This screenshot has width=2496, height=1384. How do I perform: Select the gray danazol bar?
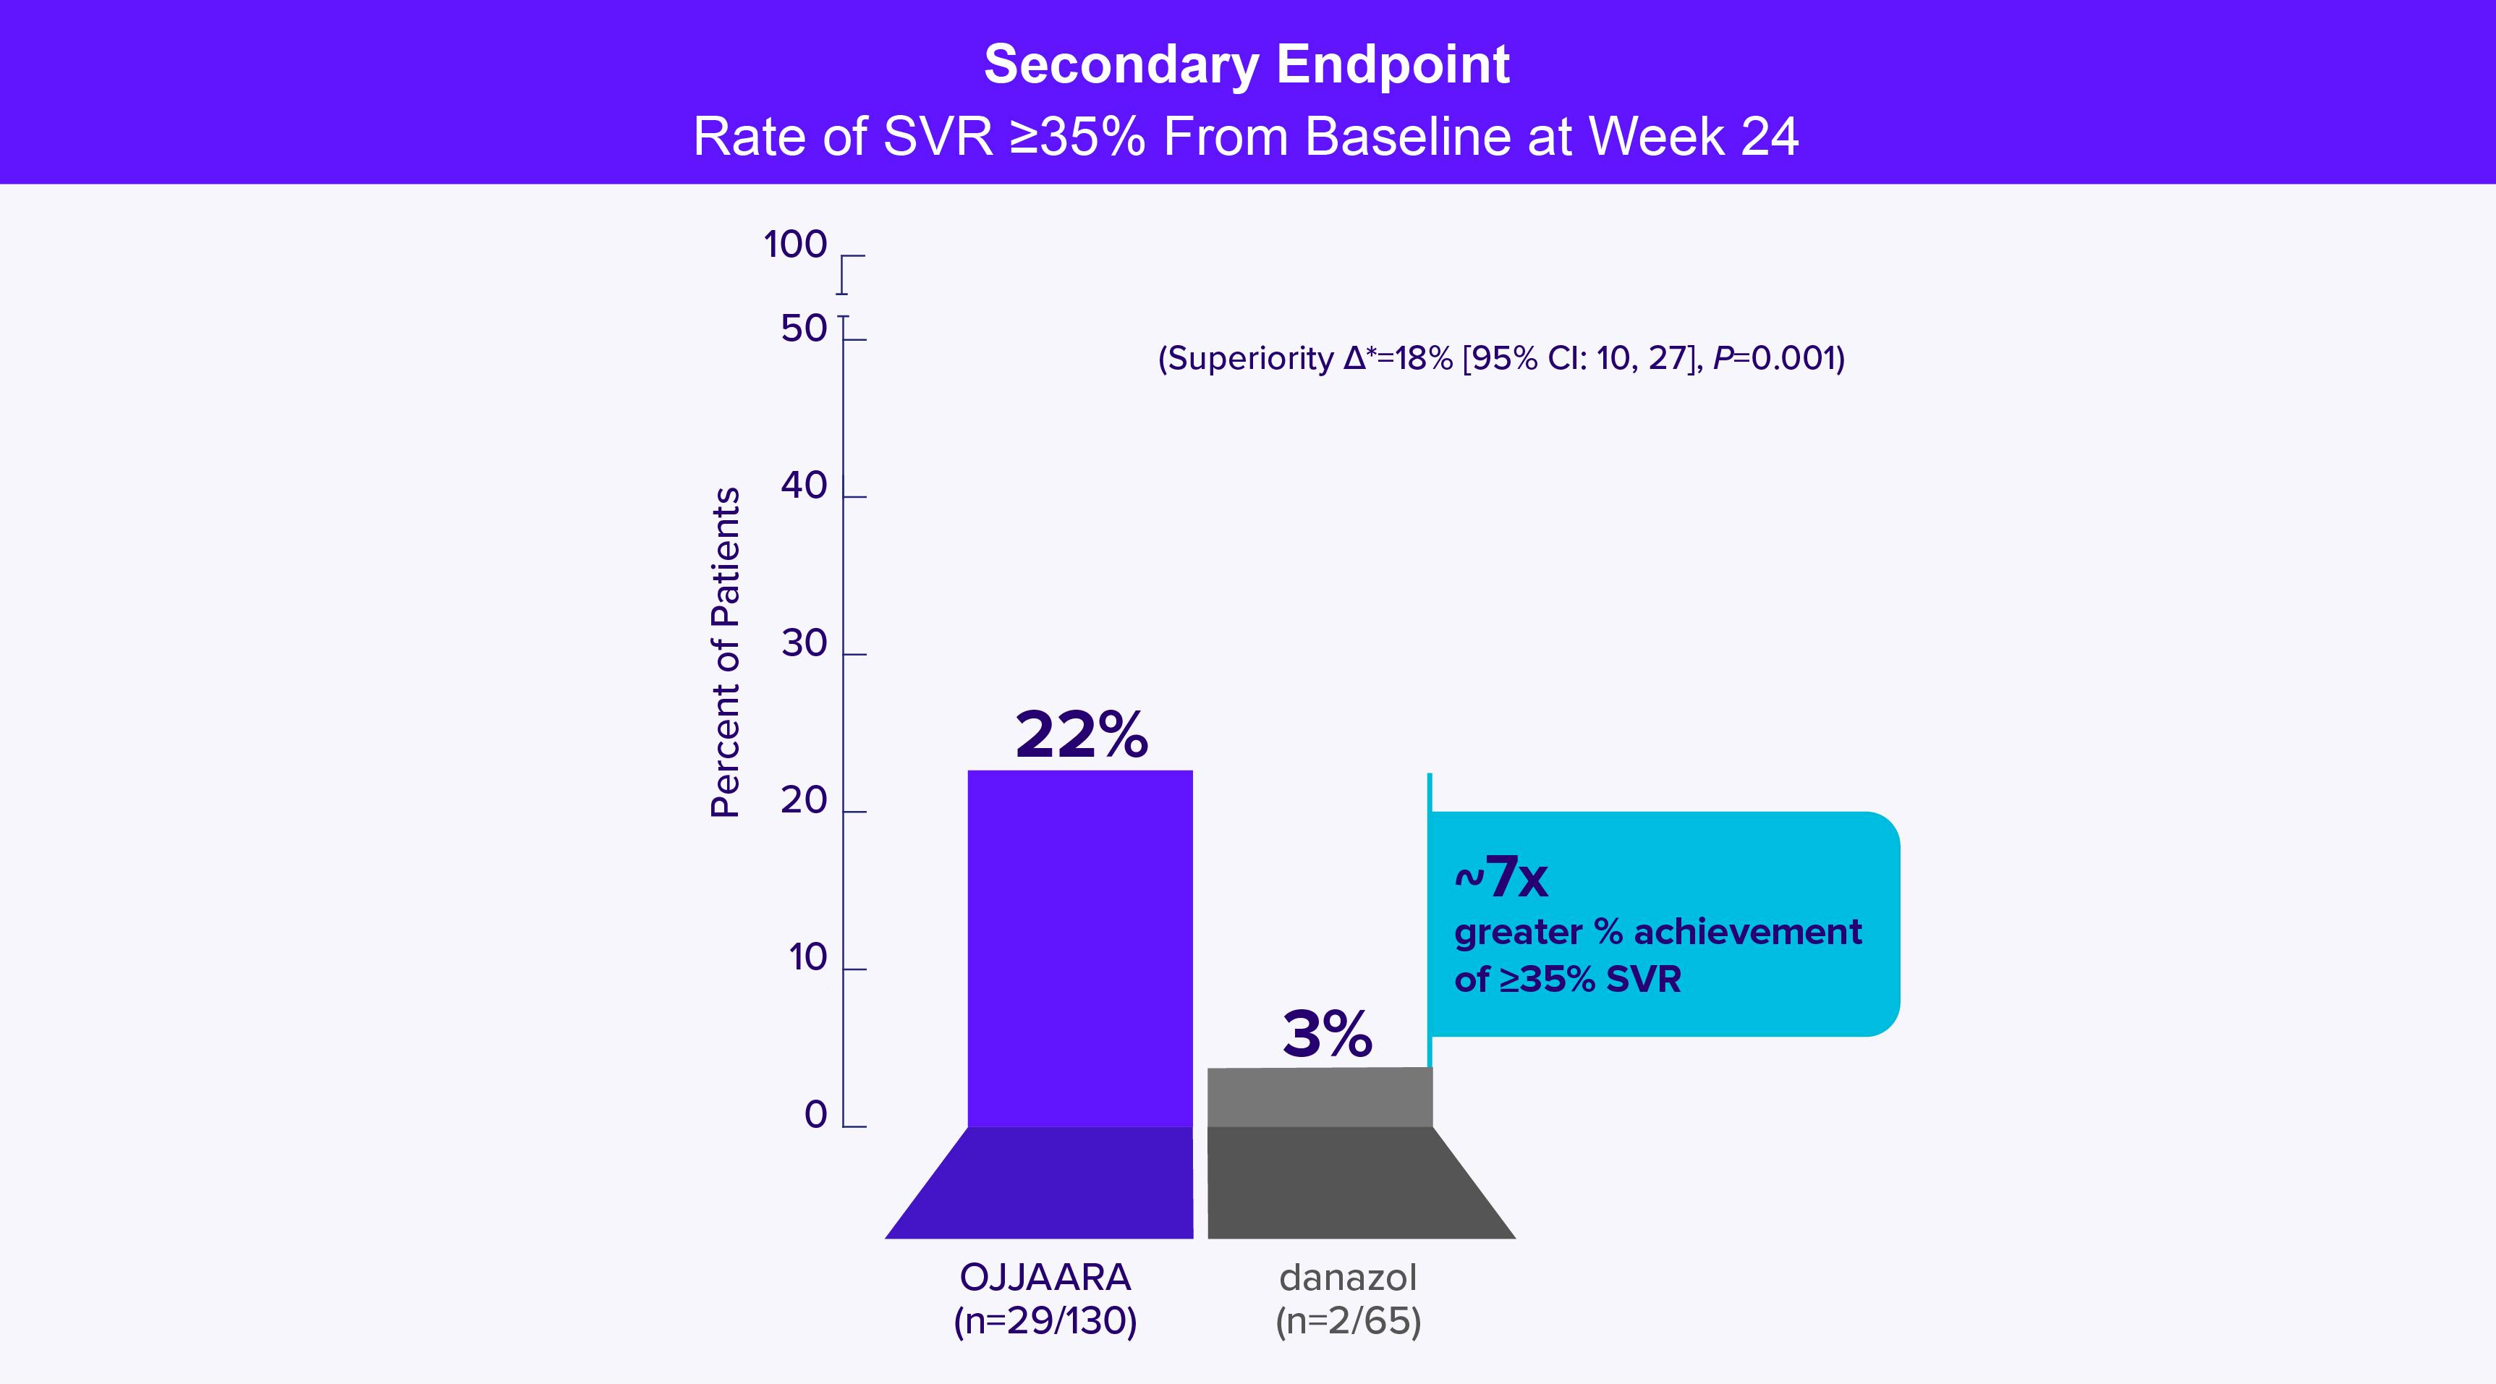(x=1320, y=1097)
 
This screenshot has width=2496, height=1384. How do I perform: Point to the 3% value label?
(x=1328, y=1034)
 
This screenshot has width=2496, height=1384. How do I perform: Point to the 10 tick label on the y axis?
(x=807, y=958)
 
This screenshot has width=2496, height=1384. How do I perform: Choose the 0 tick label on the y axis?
(x=816, y=1116)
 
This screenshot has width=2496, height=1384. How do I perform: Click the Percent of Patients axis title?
(x=726, y=653)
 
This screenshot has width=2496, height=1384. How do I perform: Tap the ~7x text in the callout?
(x=1501, y=878)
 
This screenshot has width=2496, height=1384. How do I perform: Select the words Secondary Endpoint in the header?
(x=1247, y=65)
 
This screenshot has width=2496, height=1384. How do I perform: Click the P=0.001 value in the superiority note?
(x=1779, y=359)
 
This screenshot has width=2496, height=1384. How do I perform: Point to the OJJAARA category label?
(x=1045, y=1278)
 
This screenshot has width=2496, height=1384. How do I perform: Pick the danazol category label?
(x=1348, y=1278)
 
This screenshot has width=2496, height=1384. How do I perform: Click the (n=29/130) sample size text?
(x=1045, y=1322)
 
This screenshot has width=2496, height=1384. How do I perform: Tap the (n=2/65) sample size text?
(x=1348, y=1322)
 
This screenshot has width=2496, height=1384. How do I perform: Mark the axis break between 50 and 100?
(x=843, y=305)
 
